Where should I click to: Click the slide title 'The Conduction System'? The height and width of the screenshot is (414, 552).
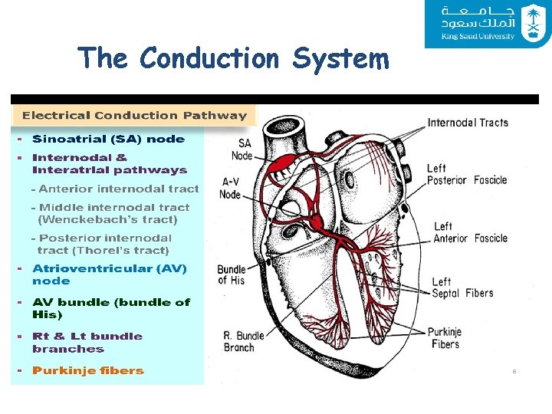coord(233,58)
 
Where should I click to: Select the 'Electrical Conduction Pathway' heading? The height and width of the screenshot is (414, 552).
coord(134,116)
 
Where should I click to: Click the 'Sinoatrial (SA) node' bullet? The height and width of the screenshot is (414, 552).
coord(108,140)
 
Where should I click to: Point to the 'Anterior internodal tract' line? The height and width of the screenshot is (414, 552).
coord(118,189)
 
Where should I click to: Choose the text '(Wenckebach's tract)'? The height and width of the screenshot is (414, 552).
coord(107,220)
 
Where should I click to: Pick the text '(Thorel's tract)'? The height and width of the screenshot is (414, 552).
coord(103,251)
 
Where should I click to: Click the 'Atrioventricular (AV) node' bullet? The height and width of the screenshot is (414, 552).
coord(109,274)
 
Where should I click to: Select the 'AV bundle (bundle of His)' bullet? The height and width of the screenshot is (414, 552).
coord(110,308)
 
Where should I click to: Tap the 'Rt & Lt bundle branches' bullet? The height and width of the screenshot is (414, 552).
coord(87,342)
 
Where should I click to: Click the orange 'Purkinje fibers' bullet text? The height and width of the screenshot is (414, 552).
coord(87,371)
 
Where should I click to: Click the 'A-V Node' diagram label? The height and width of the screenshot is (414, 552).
coord(231,188)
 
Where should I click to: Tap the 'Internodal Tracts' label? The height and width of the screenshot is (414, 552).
coord(468,123)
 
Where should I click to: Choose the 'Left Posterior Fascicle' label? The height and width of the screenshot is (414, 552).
coord(467,174)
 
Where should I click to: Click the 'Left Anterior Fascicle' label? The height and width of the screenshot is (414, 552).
coord(470,232)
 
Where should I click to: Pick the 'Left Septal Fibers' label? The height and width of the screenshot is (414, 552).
coord(462,287)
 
